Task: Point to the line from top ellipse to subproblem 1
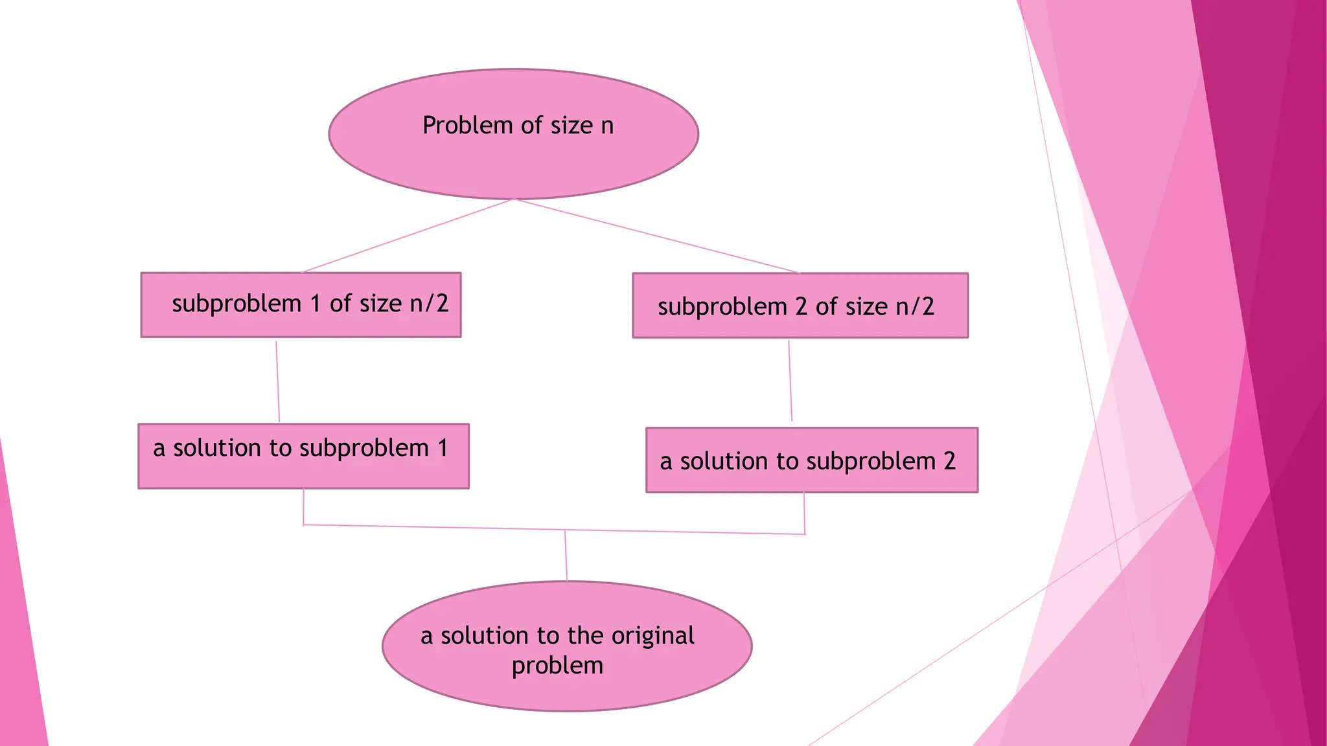click(x=407, y=236)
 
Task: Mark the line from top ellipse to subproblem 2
click(x=658, y=236)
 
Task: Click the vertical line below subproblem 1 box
click(x=277, y=382)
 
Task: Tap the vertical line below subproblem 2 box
click(x=790, y=382)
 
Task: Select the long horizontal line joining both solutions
click(x=454, y=528)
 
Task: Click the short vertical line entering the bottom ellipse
click(x=566, y=556)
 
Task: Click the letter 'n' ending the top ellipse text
click(x=607, y=126)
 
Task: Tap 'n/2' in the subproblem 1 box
click(x=429, y=303)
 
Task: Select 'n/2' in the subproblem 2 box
click(x=915, y=306)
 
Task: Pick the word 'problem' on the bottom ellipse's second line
click(x=557, y=666)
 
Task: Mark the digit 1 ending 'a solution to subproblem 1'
click(x=443, y=448)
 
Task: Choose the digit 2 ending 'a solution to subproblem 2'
click(x=949, y=461)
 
